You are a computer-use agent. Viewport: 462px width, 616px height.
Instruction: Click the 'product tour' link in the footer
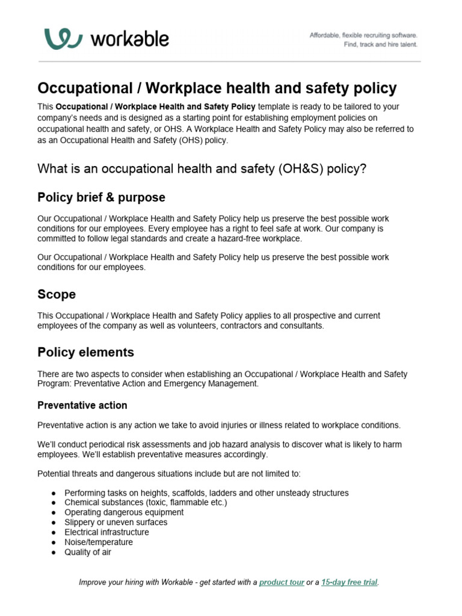click(x=282, y=582)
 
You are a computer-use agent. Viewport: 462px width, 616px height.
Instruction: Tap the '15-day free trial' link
click(x=350, y=582)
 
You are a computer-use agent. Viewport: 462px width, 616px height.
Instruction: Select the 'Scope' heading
click(x=57, y=294)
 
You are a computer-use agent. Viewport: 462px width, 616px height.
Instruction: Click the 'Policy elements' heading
click(x=85, y=352)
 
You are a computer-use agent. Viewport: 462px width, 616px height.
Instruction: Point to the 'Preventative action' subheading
click(x=82, y=405)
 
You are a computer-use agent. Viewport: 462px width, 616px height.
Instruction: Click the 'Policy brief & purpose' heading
click(x=101, y=197)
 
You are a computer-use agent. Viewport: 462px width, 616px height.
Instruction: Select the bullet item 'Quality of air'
click(x=88, y=552)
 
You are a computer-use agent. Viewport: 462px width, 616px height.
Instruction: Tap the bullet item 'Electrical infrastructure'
click(x=106, y=532)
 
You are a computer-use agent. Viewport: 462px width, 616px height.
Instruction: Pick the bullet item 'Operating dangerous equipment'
click(x=124, y=512)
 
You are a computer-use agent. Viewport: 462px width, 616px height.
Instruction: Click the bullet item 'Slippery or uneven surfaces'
click(x=116, y=522)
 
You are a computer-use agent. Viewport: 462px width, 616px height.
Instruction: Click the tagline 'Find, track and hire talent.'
click(x=380, y=45)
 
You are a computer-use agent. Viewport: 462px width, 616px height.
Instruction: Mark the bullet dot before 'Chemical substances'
click(x=54, y=502)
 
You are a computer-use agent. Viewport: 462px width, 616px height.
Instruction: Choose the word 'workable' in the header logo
click(x=129, y=39)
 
